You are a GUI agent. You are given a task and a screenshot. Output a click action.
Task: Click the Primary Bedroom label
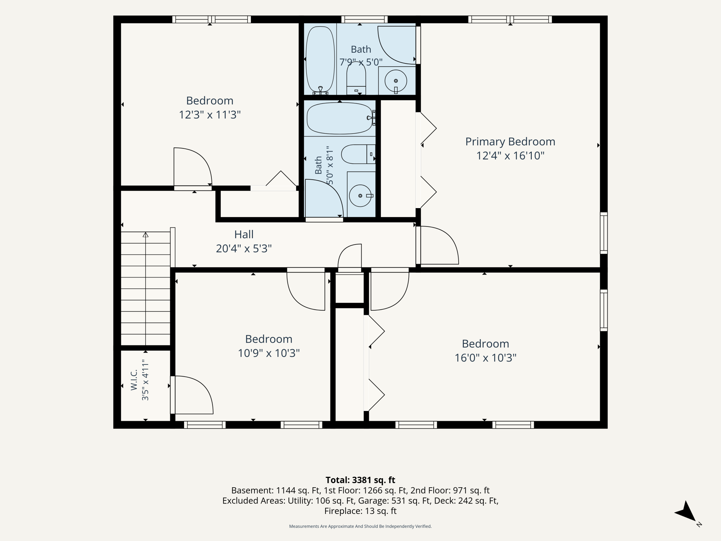(x=510, y=141)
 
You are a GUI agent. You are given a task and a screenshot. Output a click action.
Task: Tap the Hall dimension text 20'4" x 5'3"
(x=244, y=248)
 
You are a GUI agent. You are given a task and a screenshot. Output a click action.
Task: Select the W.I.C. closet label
(x=134, y=380)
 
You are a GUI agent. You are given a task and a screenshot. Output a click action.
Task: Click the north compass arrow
(x=686, y=516)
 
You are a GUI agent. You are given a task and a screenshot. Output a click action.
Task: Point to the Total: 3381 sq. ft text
(x=360, y=480)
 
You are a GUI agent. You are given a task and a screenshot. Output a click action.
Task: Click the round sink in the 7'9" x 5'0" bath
(x=396, y=81)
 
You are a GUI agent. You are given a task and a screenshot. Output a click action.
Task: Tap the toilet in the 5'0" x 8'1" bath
(x=358, y=154)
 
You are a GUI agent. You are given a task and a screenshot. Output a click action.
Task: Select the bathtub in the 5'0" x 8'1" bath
(x=340, y=118)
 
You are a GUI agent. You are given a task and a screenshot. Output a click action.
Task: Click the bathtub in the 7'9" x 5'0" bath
(x=320, y=59)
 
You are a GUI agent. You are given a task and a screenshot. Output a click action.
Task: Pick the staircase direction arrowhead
(x=146, y=234)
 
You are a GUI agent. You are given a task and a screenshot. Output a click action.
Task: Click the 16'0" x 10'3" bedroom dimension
(x=485, y=358)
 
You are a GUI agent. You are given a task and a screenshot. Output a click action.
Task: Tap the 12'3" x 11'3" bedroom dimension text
(x=210, y=114)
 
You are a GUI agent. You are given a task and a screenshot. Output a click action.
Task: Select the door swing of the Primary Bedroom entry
(x=440, y=245)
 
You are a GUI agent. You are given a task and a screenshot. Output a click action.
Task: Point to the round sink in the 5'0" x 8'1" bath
(x=360, y=196)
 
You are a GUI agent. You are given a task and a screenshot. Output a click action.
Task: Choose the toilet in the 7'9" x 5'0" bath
(x=356, y=78)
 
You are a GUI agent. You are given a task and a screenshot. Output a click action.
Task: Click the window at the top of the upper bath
(x=364, y=19)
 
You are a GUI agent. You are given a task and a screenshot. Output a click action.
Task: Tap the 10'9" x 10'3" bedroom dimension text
(x=269, y=353)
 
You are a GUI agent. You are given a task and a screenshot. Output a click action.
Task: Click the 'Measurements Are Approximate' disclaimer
(x=360, y=526)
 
